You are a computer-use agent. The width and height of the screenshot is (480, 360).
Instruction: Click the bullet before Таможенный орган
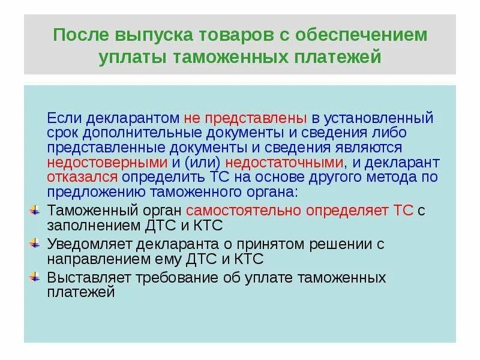(34, 211)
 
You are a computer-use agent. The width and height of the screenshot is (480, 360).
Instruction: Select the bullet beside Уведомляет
(34, 244)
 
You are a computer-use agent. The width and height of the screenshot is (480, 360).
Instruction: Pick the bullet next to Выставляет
(34, 278)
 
